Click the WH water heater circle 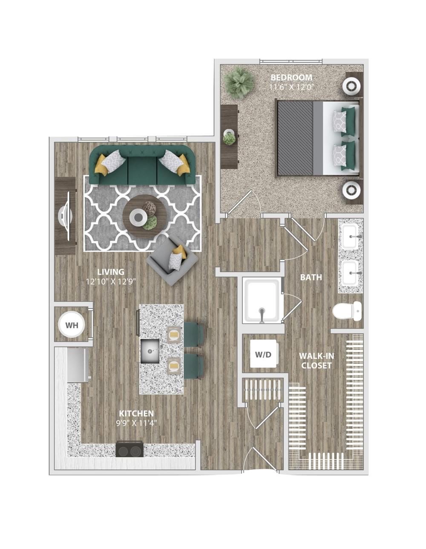[x=72, y=325]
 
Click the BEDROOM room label [x=291, y=77]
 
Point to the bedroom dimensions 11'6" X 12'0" [x=291, y=87]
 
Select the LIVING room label [x=111, y=272]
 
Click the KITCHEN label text [x=136, y=413]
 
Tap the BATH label [x=311, y=277]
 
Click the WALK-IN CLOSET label [x=317, y=360]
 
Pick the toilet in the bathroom [x=347, y=311]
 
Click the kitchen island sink [x=150, y=351]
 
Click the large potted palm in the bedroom [x=239, y=83]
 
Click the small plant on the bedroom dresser [x=229, y=139]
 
